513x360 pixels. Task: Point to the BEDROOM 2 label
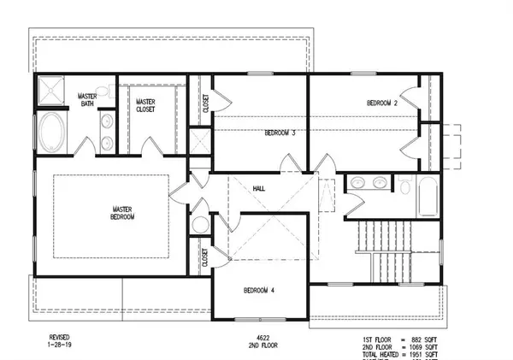(x=382, y=103)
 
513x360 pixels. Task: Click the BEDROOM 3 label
(x=280, y=133)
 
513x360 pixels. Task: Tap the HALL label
(x=259, y=188)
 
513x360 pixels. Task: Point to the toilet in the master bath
(x=100, y=90)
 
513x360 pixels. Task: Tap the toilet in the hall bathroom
(x=404, y=184)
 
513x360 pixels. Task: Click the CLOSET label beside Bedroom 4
(x=206, y=257)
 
